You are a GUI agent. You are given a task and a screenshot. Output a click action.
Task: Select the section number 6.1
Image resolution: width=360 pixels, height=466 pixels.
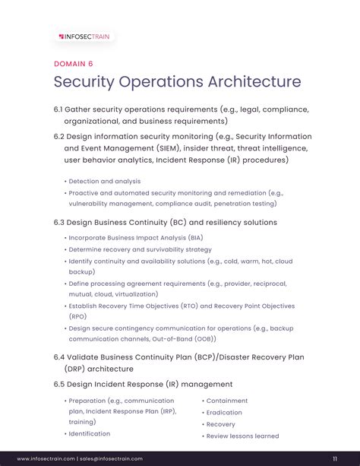click(58, 109)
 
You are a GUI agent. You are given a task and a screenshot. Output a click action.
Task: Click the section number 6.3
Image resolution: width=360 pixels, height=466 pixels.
click(59, 223)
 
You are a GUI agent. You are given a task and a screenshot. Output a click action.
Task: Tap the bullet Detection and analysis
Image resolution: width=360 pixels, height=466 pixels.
click(104, 182)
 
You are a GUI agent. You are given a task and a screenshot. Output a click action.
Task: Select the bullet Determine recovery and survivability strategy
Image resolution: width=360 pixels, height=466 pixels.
click(140, 249)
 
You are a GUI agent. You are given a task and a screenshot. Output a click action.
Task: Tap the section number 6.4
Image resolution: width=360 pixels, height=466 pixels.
click(59, 357)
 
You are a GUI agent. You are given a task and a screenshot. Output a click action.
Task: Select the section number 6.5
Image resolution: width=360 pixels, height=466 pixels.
click(59, 385)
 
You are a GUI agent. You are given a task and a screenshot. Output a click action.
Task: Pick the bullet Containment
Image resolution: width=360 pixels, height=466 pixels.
click(227, 401)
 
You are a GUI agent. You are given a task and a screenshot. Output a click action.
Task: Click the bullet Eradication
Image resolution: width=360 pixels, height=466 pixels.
click(224, 413)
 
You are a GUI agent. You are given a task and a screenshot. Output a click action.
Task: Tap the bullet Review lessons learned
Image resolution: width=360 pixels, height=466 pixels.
click(242, 436)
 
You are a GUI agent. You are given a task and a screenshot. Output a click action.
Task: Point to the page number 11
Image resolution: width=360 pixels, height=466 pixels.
click(335, 458)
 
